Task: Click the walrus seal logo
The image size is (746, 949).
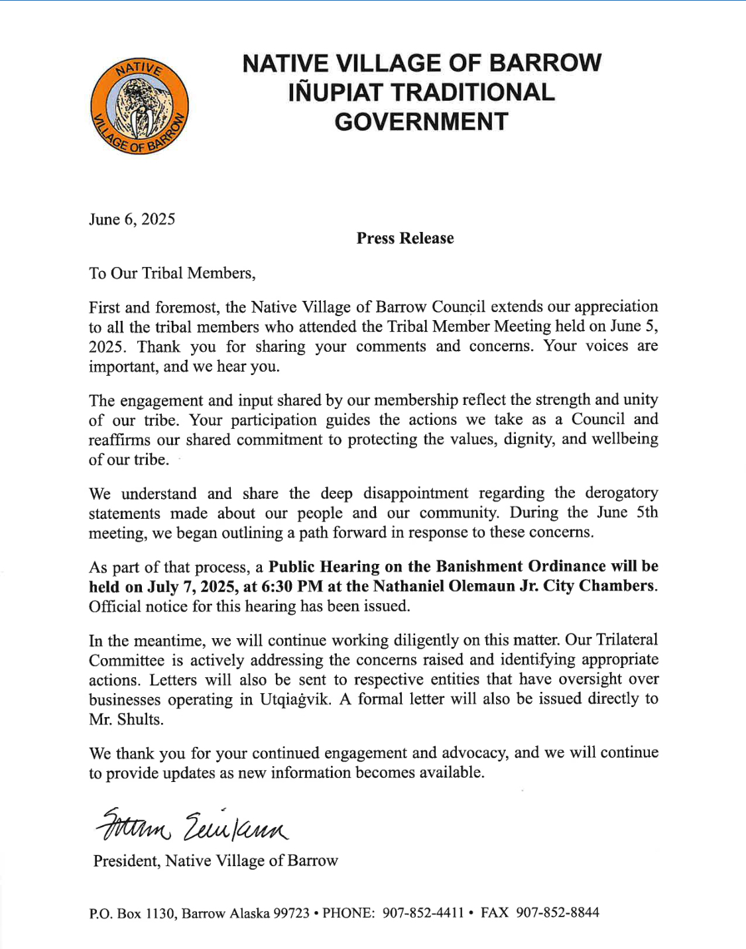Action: [139, 106]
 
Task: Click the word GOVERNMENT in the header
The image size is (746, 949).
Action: [421, 122]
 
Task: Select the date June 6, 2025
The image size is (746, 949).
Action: [132, 219]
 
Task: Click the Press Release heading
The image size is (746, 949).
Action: [404, 239]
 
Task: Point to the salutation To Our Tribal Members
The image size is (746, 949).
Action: [172, 273]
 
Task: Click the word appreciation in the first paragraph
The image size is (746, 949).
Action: [615, 307]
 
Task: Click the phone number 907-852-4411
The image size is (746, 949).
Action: [423, 913]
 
